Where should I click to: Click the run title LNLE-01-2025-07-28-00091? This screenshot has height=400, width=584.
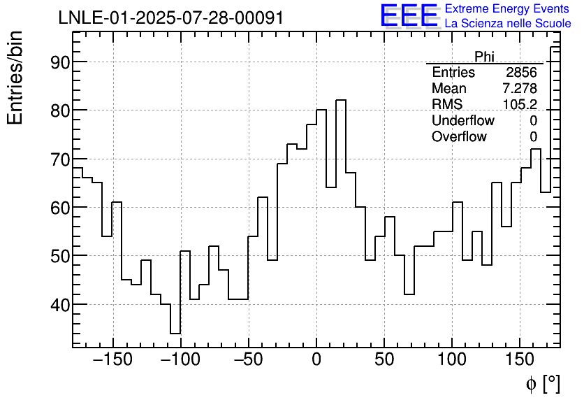(170, 18)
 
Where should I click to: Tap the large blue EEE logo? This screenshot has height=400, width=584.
(409, 16)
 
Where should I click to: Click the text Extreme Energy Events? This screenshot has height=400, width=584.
(508, 9)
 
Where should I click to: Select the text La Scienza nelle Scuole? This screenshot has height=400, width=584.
(508, 24)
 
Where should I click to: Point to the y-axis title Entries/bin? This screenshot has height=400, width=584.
(15, 78)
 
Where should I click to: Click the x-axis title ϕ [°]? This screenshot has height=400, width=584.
(543, 383)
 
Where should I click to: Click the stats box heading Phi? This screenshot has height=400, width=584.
(484, 57)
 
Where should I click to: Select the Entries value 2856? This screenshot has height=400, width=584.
(521, 73)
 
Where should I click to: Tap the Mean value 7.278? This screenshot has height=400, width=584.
(519, 89)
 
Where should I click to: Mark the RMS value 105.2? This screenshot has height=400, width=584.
(520, 105)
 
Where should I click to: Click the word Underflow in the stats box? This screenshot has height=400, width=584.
(463, 121)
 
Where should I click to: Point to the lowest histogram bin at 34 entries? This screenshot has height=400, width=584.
(175, 333)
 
